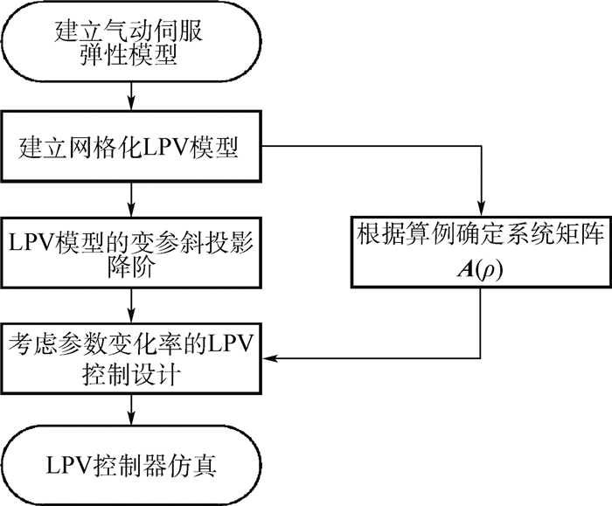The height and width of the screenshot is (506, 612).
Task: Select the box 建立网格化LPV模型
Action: pos(131,147)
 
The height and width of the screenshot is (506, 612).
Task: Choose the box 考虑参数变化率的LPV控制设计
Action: pos(131,357)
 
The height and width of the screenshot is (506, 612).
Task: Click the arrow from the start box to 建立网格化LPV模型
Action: pos(131,94)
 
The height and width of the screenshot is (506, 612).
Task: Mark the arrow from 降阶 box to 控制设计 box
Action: pos(131,305)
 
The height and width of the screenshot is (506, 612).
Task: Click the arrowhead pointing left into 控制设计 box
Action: pos(269,357)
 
